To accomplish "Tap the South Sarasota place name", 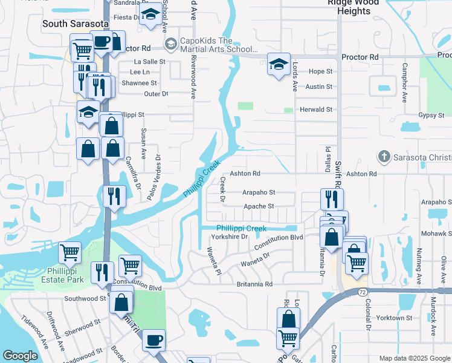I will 76,24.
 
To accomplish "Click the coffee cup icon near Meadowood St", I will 154,340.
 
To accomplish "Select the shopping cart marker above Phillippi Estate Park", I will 70,252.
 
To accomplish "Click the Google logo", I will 20,356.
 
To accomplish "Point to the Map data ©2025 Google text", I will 414,358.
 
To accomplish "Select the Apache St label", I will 259,206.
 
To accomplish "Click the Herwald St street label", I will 316,110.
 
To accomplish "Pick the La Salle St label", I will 149,62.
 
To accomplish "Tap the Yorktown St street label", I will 394,318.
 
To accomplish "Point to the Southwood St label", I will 85,298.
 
